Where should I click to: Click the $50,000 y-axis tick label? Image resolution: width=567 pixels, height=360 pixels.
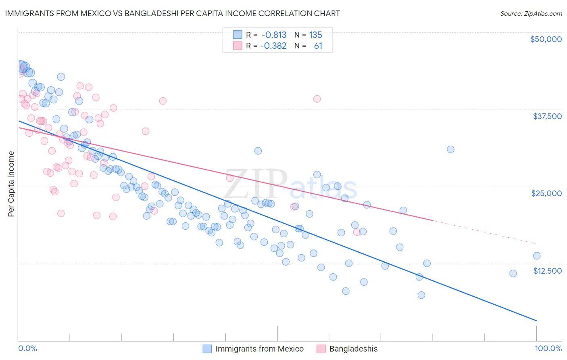click(x=546, y=39)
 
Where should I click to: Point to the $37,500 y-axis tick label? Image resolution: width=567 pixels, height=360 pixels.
click(x=547, y=116)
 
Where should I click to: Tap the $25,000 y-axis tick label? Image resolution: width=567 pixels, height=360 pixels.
click(x=546, y=193)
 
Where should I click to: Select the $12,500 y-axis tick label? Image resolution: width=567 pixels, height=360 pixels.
click(x=547, y=271)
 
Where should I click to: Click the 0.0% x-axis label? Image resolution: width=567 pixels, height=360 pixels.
click(x=27, y=348)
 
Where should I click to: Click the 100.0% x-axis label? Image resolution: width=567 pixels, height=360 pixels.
click(x=548, y=348)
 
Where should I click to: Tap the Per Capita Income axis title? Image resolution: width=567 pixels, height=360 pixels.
click(x=11, y=184)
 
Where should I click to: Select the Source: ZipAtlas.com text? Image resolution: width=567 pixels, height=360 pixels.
click(x=531, y=13)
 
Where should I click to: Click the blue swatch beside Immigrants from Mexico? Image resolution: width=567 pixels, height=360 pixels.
click(x=207, y=349)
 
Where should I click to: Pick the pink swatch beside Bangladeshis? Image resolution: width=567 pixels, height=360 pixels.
click(x=321, y=349)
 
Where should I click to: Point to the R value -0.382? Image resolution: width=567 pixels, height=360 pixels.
click(x=273, y=46)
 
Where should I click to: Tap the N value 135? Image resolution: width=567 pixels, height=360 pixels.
click(x=315, y=35)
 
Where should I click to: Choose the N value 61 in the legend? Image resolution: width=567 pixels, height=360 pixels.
click(x=318, y=46)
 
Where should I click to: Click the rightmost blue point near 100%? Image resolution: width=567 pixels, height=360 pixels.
click(x=536, y=255)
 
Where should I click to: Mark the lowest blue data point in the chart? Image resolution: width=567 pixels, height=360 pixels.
click(x=421, y=295)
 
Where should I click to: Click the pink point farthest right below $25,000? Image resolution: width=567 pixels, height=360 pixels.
click(x=356, y=232)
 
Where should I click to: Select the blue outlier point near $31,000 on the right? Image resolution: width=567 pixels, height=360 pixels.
click(x=450, y=149)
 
